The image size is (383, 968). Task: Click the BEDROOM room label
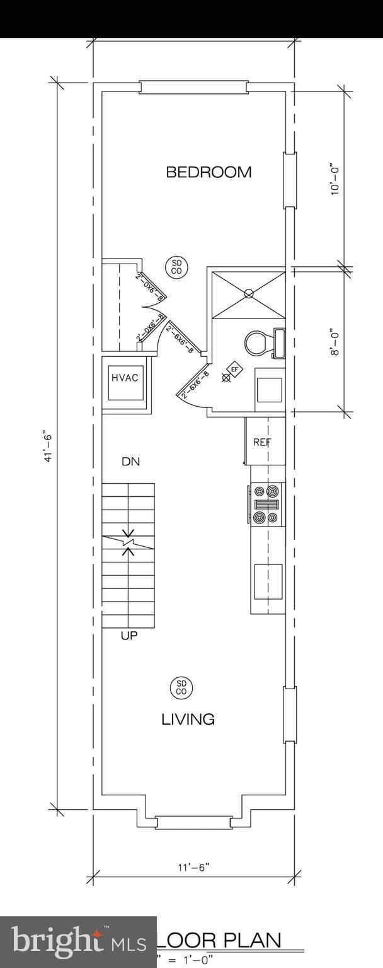coord(209,172)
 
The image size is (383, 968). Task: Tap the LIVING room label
coord(188,719)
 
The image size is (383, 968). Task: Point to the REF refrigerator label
coord(262,442)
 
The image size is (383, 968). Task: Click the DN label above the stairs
coord(130,462)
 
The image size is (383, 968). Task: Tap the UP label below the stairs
coord(129,636)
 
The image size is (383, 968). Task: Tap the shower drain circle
coord(249,293)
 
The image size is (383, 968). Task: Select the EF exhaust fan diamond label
coord(235,369)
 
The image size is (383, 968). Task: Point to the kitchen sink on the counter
coord(268,581)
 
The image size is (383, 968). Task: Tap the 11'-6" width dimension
coord(193,866)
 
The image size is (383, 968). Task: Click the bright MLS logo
coord(77,942)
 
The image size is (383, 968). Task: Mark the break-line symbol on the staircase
coord(129,542)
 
